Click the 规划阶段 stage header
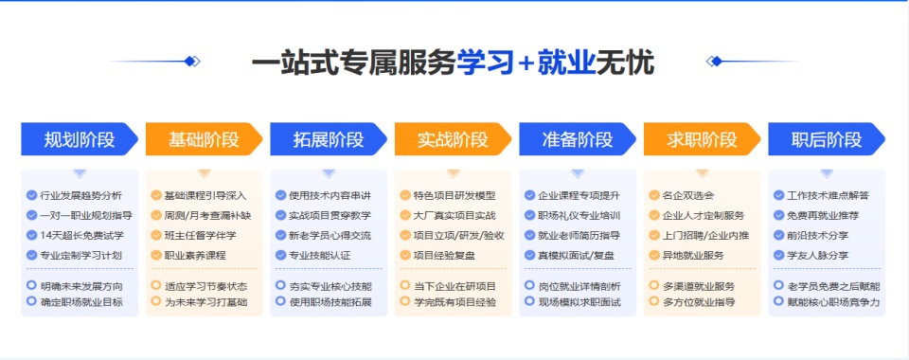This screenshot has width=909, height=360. point(80,139)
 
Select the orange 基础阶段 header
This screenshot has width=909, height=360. point(204,139)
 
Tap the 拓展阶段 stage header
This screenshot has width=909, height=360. point(329,139)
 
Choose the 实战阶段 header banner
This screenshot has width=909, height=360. point(453,139)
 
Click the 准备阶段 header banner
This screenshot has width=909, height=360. point(578,139)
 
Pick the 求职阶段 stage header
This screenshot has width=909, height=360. point(702,139)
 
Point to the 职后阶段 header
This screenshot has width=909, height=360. point(827,139)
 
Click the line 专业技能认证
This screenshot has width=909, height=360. point(319,255)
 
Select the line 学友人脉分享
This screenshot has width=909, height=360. point(817,255)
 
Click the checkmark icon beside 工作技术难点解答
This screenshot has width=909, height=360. point(778,195)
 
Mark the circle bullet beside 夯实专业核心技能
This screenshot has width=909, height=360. point(280,286)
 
